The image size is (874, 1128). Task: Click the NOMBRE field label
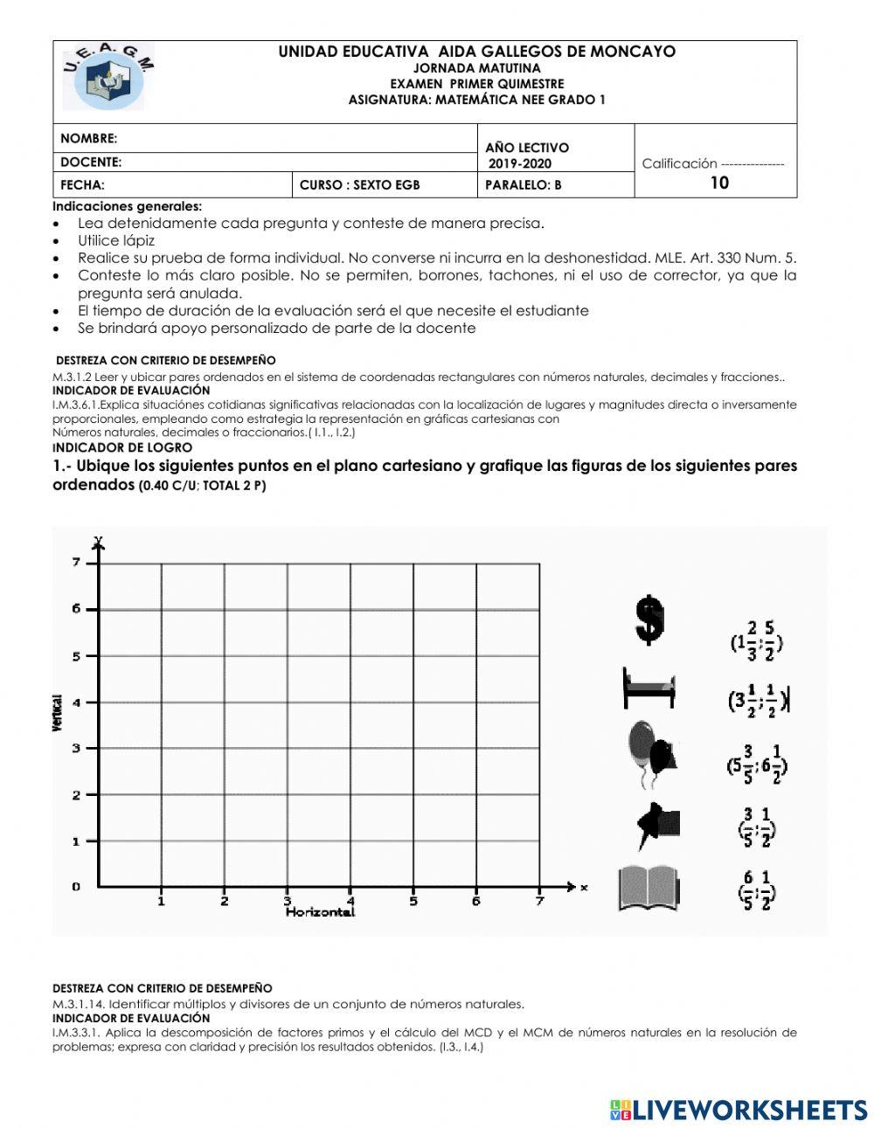(88, 139)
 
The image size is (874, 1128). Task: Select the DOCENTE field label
(91, 163)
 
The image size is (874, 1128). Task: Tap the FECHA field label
(82, 185)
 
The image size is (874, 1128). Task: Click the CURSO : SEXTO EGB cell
(359, 185)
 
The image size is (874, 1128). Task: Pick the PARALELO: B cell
(524, 185)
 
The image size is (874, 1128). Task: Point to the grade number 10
(719, 183)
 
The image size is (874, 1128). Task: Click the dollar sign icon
(649, 619)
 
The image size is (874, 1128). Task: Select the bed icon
(648, 688)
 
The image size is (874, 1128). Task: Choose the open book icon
(649, 888)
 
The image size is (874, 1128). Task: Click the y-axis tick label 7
(76, 563)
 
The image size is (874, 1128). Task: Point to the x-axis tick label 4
(350, 901)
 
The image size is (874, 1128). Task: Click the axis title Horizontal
(320, 912)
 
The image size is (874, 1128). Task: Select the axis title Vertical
(58, 712)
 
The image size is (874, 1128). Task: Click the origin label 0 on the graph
(76, 887)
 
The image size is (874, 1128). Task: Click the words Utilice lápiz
(116, 240)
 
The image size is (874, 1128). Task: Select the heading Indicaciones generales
(127, 206)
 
